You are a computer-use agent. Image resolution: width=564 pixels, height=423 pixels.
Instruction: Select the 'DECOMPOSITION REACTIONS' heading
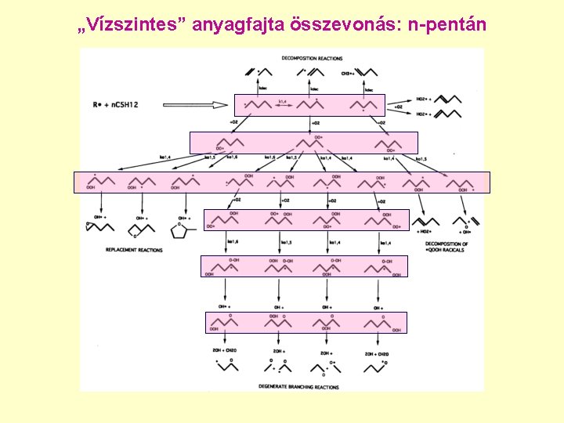point(312,59)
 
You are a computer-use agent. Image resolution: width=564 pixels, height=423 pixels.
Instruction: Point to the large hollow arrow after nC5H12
point(196,104)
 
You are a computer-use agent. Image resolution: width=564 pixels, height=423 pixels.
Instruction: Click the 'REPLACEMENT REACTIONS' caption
point(134,250)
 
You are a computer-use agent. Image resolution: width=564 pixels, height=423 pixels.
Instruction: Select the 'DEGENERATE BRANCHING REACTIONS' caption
point(298,386)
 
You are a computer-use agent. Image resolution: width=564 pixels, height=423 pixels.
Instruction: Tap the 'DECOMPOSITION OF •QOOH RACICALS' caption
point(446,247)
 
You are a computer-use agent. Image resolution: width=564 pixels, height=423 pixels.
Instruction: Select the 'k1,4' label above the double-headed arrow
point(283,100)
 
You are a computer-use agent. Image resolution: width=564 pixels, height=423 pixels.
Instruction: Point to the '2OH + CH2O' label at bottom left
point(225,353)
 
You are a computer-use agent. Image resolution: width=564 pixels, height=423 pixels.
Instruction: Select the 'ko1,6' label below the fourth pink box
point(233,243)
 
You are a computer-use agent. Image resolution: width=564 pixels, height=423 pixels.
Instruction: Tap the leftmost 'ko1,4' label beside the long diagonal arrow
point(165,157)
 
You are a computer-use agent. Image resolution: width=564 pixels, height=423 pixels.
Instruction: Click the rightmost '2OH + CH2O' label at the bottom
point(378,353)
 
